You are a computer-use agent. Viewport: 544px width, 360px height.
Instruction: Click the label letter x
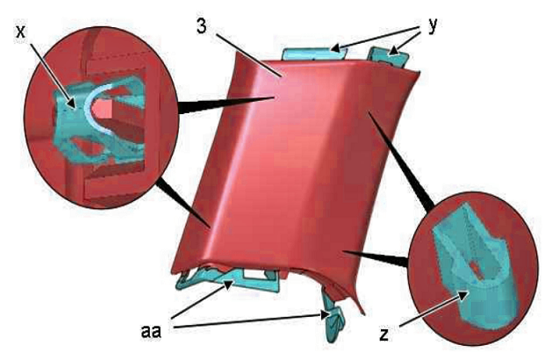[x=21, y=32]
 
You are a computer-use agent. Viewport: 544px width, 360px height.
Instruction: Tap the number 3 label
[x=202, y=25]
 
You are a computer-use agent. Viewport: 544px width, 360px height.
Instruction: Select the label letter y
[x=433, y=26]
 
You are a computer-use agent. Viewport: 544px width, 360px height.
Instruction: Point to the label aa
[x=151, y=332]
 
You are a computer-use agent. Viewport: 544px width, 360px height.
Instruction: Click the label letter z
[x=383, y=335]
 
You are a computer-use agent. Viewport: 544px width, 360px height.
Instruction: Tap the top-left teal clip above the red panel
[x=314, y=54]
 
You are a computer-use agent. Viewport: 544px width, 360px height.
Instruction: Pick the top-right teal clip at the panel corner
[x=389, y=55]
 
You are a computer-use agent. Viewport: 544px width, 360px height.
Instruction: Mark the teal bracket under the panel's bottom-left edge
[x=229, y=278]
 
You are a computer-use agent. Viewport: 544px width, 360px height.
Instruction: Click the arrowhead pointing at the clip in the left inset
[x=71, y=103]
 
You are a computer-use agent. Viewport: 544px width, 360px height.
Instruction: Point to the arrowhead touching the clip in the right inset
[x=463, y=296]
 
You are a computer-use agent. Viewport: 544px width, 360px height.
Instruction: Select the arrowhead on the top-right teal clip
[x=393, y=52]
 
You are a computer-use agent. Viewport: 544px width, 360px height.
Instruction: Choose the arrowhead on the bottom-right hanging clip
[x=326, y=315]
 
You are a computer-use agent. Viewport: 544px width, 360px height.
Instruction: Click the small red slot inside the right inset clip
[x=476, y=268]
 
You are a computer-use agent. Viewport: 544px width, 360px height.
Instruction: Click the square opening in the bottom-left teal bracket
[x=254, y=274]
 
